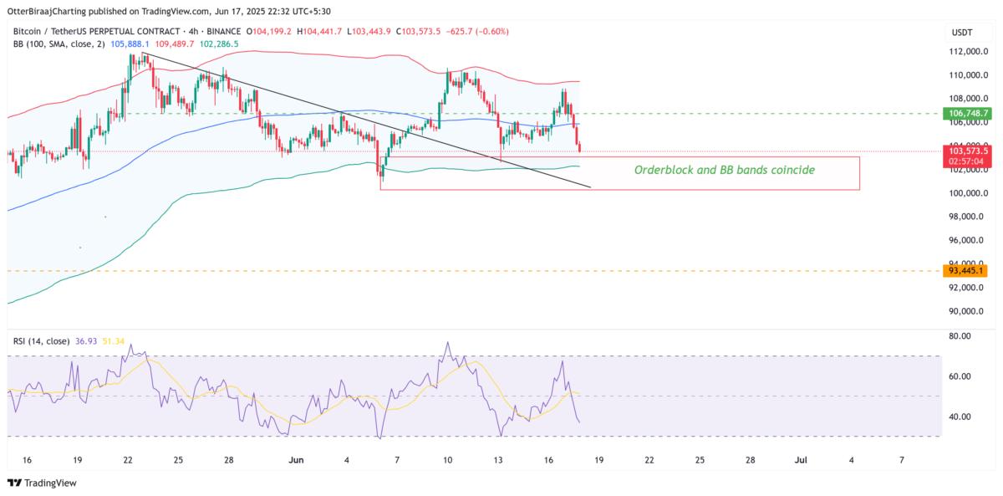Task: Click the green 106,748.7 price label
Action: point(965,113)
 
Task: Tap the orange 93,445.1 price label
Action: point(965,270)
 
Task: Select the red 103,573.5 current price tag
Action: point(965,151)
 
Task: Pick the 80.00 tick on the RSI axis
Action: point(956,336)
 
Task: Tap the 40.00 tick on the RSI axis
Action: point(956,417)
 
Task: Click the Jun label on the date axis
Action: point(296,460)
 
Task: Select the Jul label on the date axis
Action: point(800,460)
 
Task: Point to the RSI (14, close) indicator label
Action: point(41,341)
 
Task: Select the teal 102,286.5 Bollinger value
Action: point(219,43)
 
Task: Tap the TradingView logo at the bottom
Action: point(41,483)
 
